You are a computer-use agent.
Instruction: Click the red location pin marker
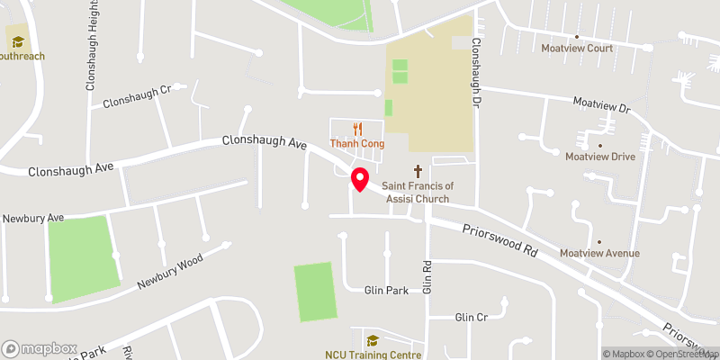point(359,178)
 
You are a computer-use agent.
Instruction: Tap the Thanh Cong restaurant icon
point(358,129)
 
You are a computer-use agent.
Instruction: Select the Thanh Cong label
point(358,144)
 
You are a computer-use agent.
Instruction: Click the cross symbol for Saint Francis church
point(418,170)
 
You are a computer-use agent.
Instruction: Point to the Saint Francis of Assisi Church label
point(418,192)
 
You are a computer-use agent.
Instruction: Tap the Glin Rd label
point(428,278)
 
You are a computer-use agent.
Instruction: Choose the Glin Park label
point(386,291)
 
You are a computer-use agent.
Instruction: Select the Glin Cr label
point(471,318)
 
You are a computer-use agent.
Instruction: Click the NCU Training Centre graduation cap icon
point(373,340)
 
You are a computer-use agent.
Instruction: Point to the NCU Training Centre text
point(373,355)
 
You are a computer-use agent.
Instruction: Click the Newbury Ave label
point(33,219)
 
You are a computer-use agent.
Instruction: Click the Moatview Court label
point(576,49)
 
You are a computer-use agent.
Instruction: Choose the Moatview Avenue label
point(599,254)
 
